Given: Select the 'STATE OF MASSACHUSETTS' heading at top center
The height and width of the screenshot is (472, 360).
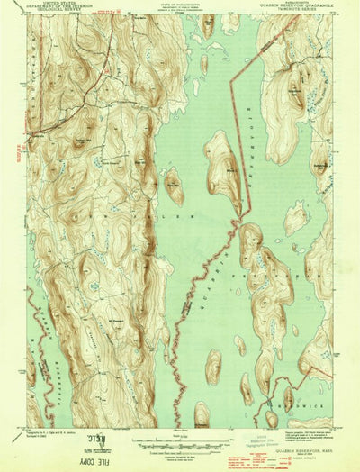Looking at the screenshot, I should coord(179,6).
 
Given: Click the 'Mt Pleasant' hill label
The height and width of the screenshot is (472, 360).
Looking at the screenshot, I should coord(118,318).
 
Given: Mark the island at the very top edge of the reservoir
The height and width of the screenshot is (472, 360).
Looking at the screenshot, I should coord(208,23).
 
